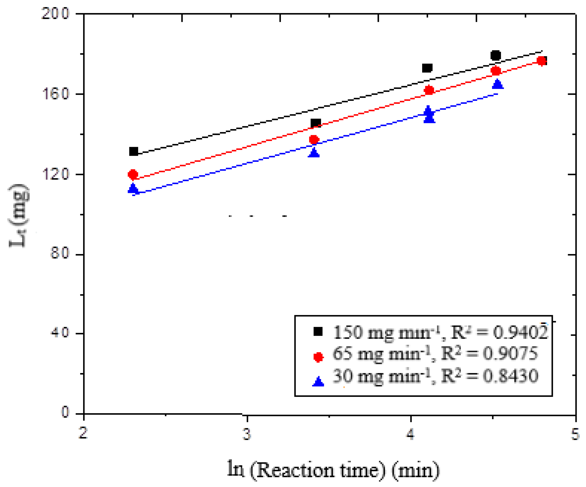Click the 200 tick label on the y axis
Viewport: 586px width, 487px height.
(x=55, y=13)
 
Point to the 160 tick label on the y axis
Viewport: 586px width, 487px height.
(x=55, y=94)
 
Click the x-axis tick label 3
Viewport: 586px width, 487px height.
(x=247, y=434)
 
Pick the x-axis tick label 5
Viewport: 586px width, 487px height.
(x=575, y=434)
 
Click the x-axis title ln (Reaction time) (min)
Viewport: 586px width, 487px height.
(x=333, y=470)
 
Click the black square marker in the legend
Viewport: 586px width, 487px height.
(x=318, y=332)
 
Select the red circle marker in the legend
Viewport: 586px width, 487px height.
(x=318, y=357)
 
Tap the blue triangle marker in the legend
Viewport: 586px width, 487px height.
(x=318, y=382)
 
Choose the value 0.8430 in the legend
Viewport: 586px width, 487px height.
(x=511, y=376)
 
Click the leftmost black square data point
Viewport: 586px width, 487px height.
(x=134, y=152)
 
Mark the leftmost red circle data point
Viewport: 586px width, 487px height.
(x=133, y=175)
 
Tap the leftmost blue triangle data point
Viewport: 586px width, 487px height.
(x=133, y=189)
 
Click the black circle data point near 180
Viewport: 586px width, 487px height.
(x=496, y=55)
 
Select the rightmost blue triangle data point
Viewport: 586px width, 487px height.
(x=498, y=84)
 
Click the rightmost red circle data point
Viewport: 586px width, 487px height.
(x=542, y=61)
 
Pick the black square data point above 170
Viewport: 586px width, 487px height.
(x=427, y=68)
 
